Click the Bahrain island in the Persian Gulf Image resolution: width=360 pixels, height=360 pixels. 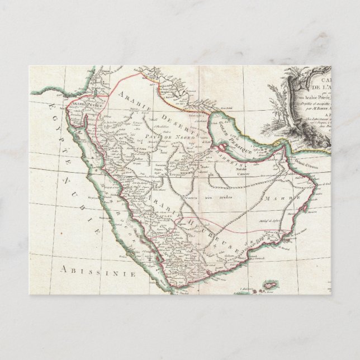click(x=223, y=148)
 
